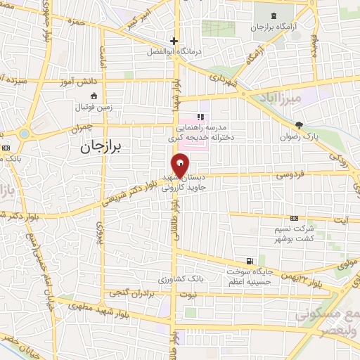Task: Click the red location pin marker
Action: [x=181, y=167]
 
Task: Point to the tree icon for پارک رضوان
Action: [x=299, y=124]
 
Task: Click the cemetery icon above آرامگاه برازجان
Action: [x=273, y=15]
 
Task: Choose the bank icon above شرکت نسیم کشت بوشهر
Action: [x=295, y=219]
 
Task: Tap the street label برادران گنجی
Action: [x=129, y=293]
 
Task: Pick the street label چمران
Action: [x=82, y=129]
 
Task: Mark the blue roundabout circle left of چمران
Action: [x=25, y=134]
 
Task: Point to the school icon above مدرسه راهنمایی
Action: [x=200, y=117]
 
